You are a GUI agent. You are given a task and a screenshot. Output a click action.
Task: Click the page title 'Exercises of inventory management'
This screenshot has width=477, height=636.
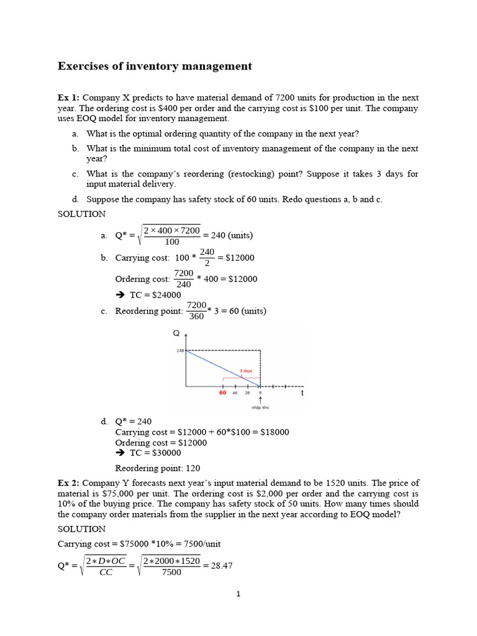pyautogui.click(x=155, y=66)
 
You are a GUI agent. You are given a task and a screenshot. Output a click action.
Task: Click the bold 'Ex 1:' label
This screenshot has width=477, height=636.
pyautogui.click(x=68, y=98)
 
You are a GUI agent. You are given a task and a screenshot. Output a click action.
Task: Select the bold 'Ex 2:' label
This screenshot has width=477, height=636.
pyautogui.click(x=68, y=483)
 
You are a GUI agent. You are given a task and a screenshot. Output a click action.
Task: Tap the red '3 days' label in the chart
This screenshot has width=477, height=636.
pyautogui.click(x=246, y=371)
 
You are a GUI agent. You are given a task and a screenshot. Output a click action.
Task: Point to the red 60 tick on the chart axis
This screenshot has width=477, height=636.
pyautogui.click(x=222, y=393)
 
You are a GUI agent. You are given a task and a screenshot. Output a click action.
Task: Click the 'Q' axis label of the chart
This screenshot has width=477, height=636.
pyautogui.click(x=176, y=334)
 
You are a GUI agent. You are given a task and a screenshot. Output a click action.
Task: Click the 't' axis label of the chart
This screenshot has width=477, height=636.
pyautogui.click(x=302, y=393)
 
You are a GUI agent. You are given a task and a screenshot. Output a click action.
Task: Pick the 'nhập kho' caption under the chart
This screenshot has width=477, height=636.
pyautogui.click(x=260, y=408)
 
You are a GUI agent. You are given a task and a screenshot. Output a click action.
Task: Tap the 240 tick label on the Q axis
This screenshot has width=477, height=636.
pyautogui.click(x=179, y=351)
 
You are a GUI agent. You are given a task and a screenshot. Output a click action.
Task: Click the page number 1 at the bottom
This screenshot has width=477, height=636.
pyautogui.click(x=238, y=594)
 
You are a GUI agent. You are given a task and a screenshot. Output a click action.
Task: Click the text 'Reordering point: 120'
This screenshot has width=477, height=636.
pyautogui.click(x=158, y=468)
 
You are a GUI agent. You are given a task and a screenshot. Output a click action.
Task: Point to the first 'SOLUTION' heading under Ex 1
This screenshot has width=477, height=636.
pyautogui.click(x=81, y=214)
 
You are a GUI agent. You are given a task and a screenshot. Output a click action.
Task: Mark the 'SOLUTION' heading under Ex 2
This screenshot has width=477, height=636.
pyautogui.click(x=81, y=529)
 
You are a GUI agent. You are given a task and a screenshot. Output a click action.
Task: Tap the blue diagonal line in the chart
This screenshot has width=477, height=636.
pyautogui.click(x=224, y=368)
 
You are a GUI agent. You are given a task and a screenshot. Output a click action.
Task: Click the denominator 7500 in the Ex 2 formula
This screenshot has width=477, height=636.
pyautogui.click(x=171, y=572)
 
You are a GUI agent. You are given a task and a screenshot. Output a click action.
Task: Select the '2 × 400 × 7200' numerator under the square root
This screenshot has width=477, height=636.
pyautogui.click(x=172, y=230)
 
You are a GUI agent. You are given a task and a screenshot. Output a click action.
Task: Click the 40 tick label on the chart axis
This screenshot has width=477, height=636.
pyautogui.click(x=235, y=393)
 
